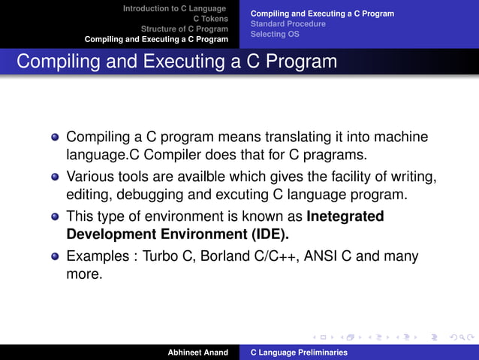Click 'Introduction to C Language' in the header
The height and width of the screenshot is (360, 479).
(175, 8)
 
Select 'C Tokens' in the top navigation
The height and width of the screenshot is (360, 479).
(211, 19)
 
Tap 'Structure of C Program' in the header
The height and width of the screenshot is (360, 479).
(185, 29)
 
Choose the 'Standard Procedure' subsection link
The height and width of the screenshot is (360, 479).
(288, 24)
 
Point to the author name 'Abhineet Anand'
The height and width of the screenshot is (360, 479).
(198, 352)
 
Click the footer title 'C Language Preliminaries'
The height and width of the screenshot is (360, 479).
(298, 352)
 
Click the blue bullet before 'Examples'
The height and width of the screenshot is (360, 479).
(54, 256)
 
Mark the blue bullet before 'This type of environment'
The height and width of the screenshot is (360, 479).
(54, 217)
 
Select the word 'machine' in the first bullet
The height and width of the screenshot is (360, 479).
(402, 138)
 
